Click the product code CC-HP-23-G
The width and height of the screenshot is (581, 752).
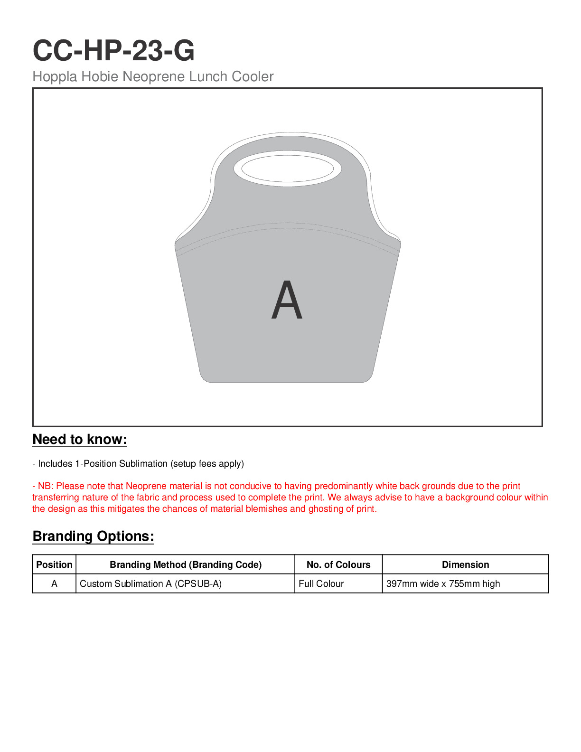pyautogui.click(x=113, y=50)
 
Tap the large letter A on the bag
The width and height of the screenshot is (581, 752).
pyautogui.click(x=287, y=300)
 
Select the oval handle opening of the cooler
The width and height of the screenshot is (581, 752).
pyautogui.click(x=287, y=169)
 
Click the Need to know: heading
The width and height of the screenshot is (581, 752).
pyautogui.click(x=80, y=440)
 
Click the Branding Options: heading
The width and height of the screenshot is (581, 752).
pyautogui.click(x=94, y=536)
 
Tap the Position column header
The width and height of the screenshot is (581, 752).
pyautogui.click(x=54, y=564)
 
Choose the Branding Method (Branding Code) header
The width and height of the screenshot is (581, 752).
pyautogui.click(x=186, y=564)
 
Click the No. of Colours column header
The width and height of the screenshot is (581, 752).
pyautogui.click(x=338, y=564)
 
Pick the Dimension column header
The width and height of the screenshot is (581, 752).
pyautogui.click(x=465, y=564)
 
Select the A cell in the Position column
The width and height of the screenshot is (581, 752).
pyautogui.click(x=54, y=584)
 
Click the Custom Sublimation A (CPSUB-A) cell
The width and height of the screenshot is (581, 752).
pyautogui.click(x=150, y=584)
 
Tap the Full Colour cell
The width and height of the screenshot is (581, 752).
pyautogui.click(x=321, y=584)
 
